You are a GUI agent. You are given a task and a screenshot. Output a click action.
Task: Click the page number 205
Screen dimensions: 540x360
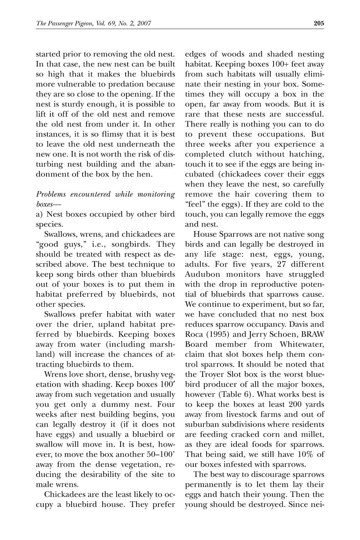pos(319,23)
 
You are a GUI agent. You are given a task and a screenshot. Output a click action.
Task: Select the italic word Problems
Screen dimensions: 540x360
pos(51,194)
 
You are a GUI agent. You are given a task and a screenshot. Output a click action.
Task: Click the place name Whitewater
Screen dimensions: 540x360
pos(302,344)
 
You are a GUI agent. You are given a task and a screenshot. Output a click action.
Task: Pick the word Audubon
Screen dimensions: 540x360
pos(203,274)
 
